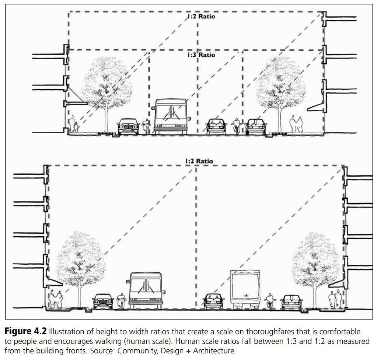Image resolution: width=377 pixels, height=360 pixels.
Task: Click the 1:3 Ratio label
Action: [200, 55]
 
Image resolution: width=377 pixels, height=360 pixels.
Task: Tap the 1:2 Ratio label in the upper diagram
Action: [200, 17]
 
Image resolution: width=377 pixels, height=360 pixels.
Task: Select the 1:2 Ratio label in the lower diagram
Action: [199, 161]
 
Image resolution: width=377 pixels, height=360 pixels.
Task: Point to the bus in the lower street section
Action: [145, 290]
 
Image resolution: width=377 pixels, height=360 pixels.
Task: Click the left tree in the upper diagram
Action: [107, 85]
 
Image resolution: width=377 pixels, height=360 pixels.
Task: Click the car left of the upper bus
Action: [128, 126]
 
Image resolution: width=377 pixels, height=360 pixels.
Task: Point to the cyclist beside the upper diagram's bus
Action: [146, 126]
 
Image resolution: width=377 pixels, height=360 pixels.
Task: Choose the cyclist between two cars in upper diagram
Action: [235, 126]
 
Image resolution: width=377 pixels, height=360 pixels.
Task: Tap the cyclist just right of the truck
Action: [270, 301]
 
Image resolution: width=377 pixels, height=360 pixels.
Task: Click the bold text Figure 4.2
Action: [25, 332]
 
